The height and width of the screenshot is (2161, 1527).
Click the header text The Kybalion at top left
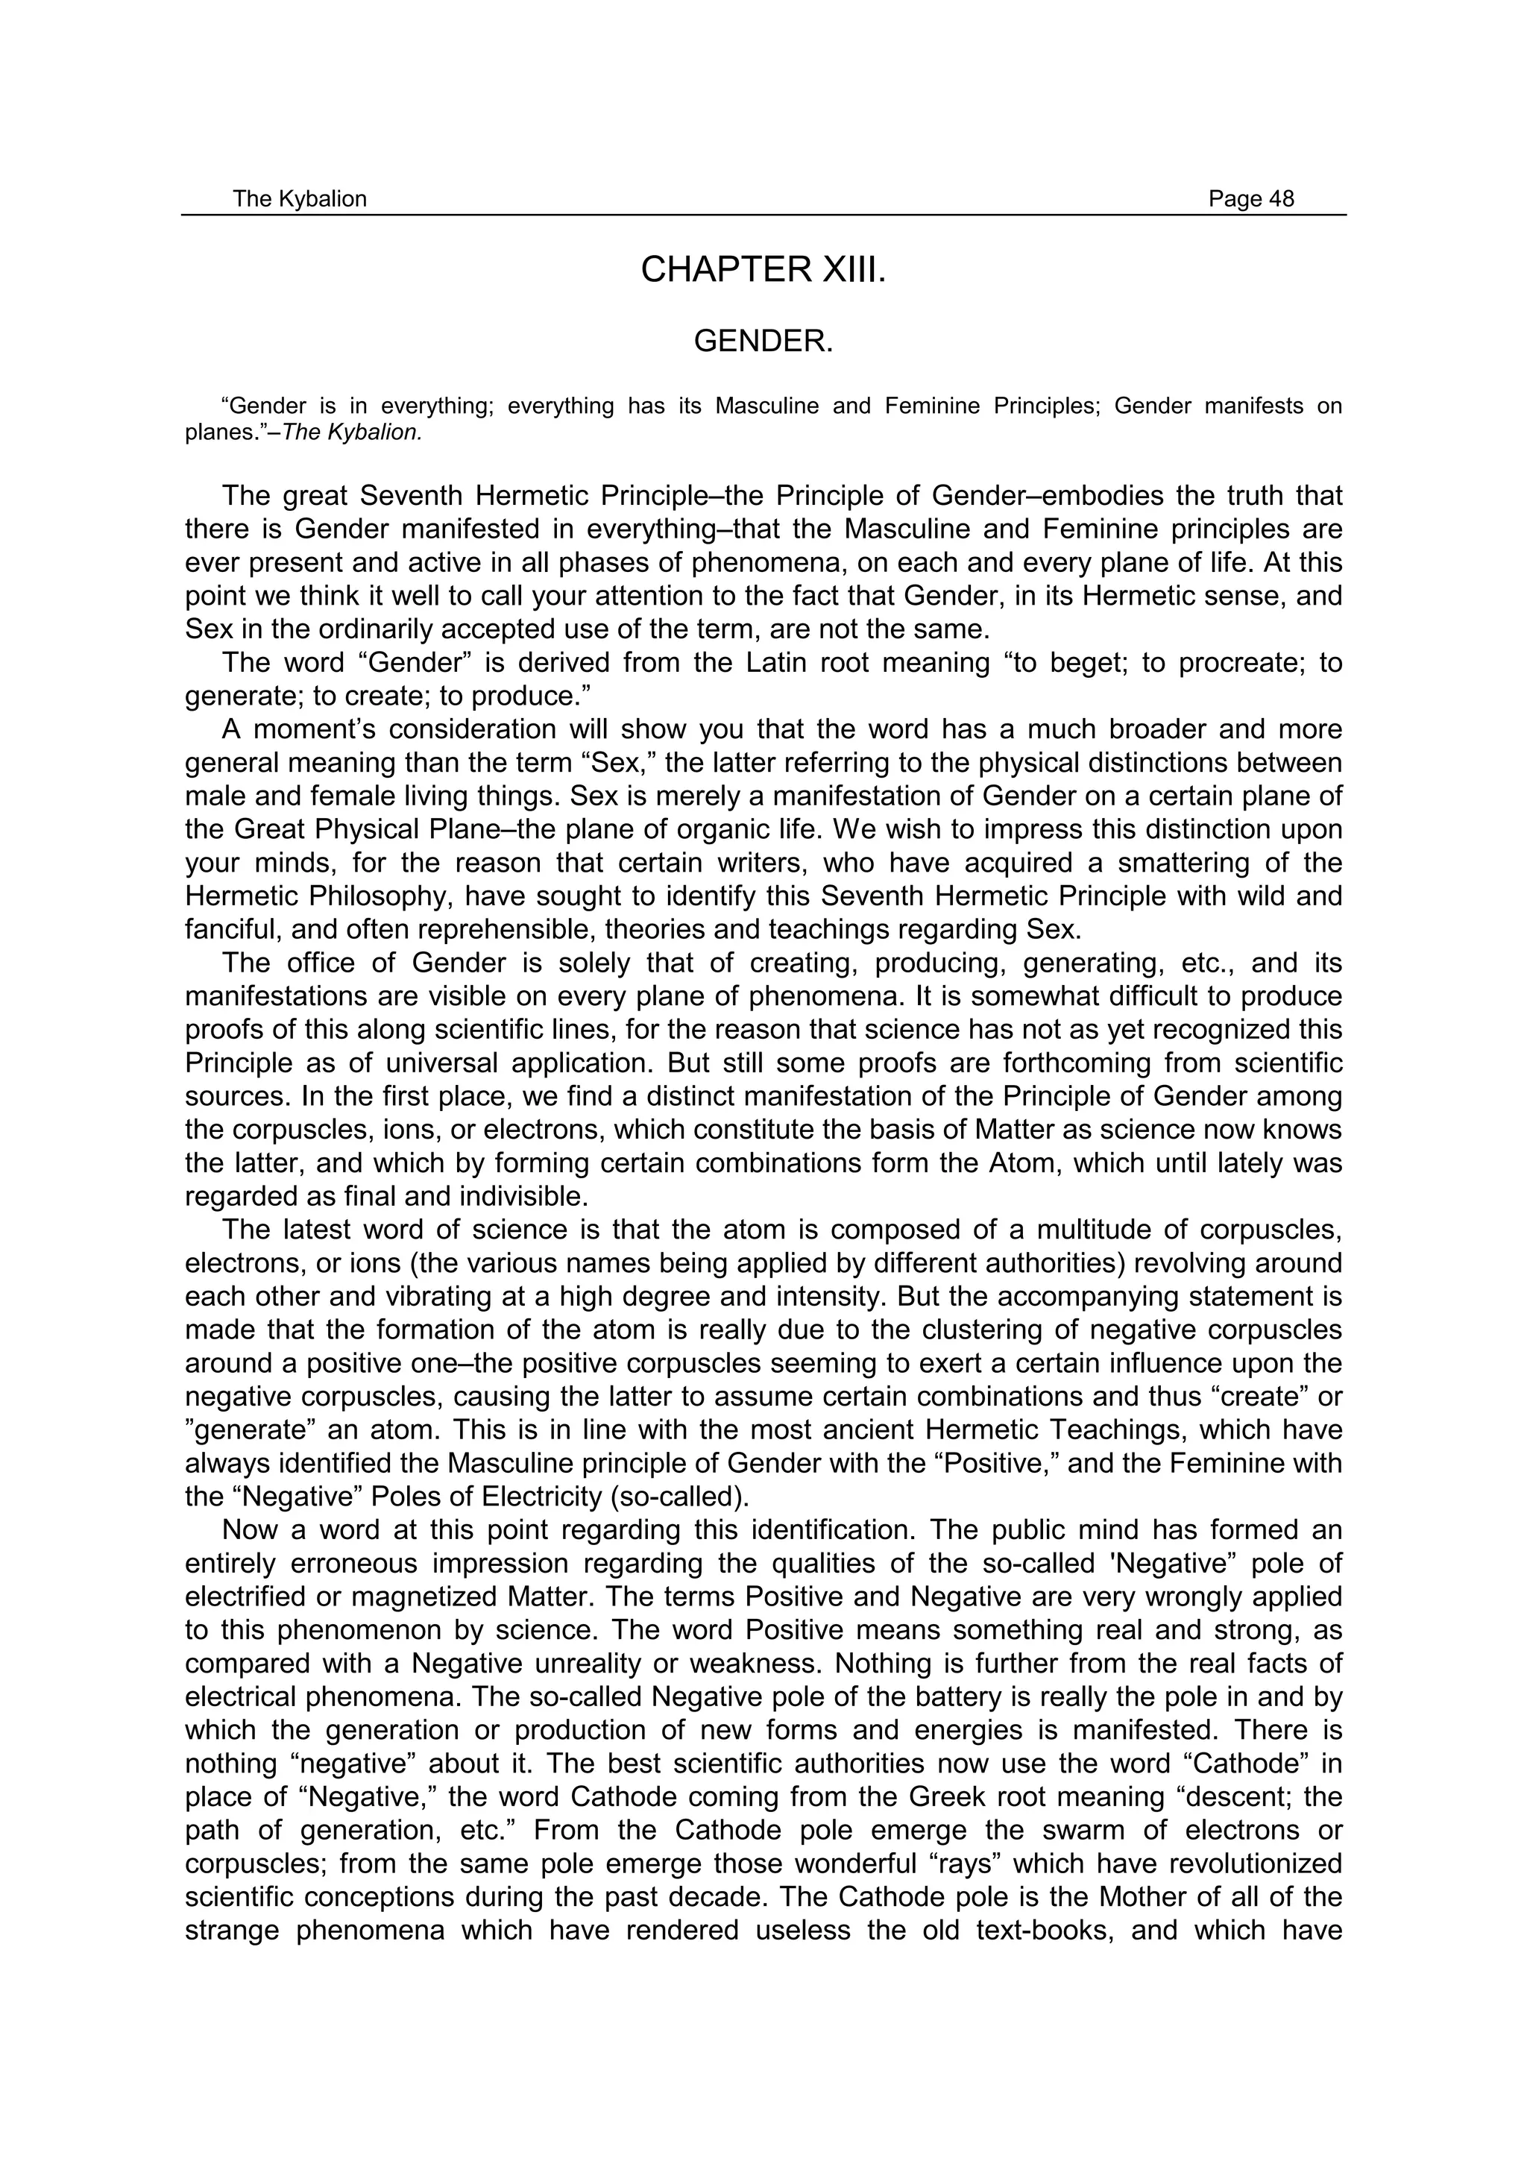point(299,198)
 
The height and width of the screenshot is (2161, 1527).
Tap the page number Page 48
point(1250,198)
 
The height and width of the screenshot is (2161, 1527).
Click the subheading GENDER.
point(763,342)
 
